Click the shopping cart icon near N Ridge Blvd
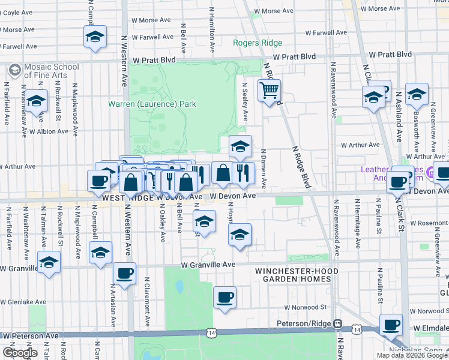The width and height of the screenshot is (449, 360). pos(270,91)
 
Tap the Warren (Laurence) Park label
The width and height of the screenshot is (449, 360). pos(152,104)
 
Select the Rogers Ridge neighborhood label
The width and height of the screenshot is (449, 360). pos(258,43)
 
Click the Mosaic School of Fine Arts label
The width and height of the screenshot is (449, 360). pos(45,70)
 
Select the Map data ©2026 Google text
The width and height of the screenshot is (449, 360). pos(412,355)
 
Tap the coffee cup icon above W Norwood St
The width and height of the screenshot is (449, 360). pos(224,297)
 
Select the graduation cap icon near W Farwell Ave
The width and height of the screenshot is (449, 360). pos(95,37)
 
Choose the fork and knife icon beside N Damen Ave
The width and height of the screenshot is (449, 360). pos(243,173)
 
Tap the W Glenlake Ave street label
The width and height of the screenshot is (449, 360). pos(23,302)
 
